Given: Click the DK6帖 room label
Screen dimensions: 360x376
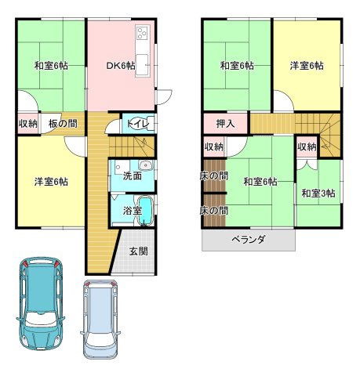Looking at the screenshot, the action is click(121, 66).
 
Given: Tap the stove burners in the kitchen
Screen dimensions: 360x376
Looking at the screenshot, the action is click(143, 33).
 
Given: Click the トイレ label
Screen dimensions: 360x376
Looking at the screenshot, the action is click(138, 124).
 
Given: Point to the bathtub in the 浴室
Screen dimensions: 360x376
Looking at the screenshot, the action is click(144, 211).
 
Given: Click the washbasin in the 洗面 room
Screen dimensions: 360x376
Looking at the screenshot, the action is click(145, 165).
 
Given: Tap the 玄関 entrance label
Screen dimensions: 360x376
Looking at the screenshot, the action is click(139, 251).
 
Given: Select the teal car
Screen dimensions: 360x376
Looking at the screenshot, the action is click(41, 303).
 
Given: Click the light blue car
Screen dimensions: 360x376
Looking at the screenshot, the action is click(100, 320).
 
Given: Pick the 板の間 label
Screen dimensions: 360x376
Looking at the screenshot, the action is click(63, 124).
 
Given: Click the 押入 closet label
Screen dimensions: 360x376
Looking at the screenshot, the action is click(225, 124).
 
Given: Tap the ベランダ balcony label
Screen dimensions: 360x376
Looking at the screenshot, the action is click(249, 239).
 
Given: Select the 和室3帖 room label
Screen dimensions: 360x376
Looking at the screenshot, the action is click(318, 193).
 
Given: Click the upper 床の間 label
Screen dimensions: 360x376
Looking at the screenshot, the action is click(213, 176).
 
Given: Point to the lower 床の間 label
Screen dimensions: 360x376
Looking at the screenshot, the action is click(213, 211).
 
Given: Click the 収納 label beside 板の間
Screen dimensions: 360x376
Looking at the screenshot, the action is click(28, 124).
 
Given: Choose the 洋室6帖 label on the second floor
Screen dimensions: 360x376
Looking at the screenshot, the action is click(307, 66).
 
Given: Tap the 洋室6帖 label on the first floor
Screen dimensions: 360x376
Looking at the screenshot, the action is click(51, 182).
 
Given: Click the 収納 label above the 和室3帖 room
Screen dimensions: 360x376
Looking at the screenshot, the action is click(307, 147).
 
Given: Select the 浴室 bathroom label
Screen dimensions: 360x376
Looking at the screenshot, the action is click(133, 211).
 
